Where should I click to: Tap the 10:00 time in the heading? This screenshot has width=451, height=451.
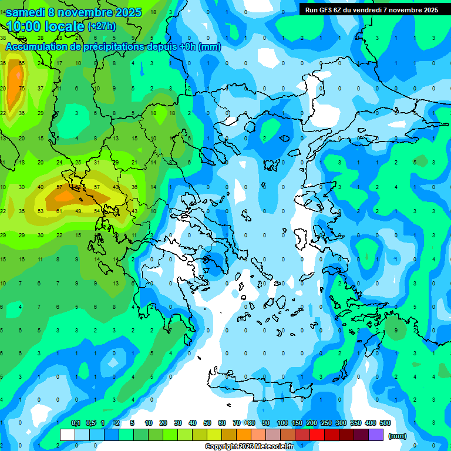click(23, 26)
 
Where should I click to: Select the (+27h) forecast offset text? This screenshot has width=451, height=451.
click(102, 26)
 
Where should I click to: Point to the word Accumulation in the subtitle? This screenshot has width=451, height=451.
click(38, 47)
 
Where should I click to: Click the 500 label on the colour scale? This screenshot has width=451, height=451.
click(385, 423)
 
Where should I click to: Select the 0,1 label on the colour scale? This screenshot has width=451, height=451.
click(76, 423)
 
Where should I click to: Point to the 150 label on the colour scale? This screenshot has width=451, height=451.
click(297, 423)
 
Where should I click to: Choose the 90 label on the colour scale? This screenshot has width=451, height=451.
click(266, 423)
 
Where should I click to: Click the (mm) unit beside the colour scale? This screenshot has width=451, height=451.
click(398, 436)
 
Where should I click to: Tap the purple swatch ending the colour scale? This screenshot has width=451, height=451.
click(376, 435)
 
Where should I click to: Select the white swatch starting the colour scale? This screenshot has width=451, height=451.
click(68, 435)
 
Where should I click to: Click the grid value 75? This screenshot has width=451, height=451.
click(22, 89)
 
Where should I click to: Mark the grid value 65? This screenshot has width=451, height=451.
click(22, 63)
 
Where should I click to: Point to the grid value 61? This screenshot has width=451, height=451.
click(59, 211)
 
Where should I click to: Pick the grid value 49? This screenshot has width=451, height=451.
click(78, 211)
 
